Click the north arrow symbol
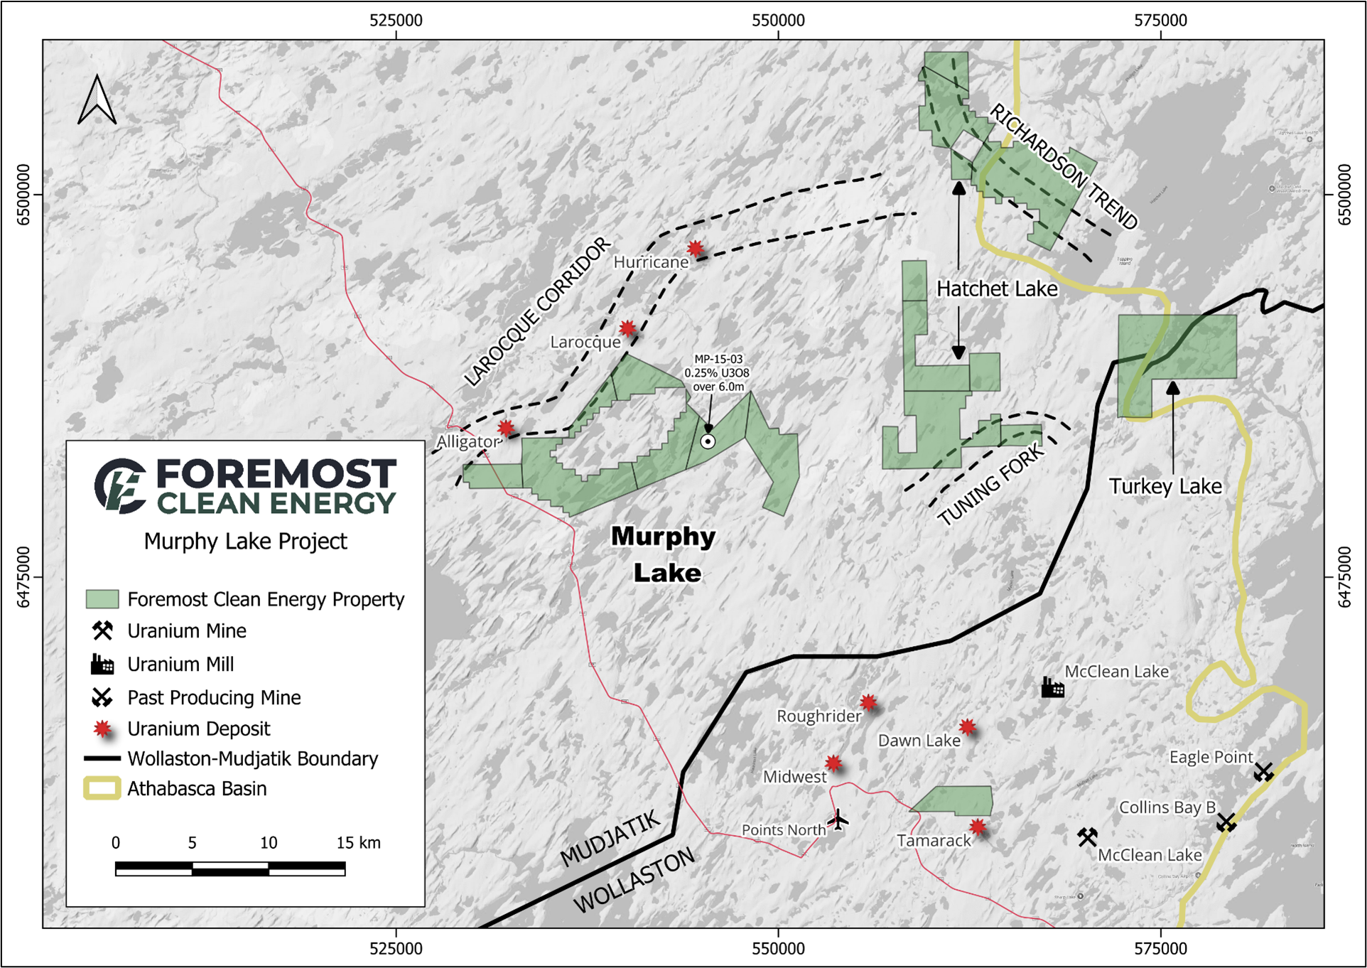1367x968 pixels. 97,101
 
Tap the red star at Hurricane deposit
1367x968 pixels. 695,249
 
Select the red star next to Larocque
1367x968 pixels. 627,328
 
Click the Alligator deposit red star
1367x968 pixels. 505,428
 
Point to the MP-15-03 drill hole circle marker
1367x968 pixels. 708,441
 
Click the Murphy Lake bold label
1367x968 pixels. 664,554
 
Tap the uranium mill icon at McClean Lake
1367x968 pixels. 1052,687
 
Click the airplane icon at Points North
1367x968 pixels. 838,819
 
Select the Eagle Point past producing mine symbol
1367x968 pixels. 1263,771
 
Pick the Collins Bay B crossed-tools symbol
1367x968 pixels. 1226,822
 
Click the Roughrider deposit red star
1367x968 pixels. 868,703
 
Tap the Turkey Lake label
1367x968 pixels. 1165,486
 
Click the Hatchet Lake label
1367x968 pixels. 996,289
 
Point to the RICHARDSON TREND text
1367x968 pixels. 1063,166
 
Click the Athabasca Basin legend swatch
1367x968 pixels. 102,789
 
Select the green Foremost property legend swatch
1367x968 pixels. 102,599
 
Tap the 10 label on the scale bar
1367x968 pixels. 268,843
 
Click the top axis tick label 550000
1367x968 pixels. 778,20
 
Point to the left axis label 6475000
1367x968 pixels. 23,577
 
